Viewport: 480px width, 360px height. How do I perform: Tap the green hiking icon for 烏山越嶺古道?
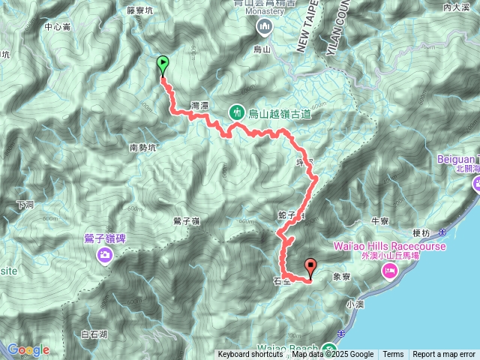pos(237,113)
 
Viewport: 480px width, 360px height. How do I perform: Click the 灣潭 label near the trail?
pos(199,106)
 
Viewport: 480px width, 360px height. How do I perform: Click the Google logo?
pos(28,349)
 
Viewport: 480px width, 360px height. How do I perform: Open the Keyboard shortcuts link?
pos(250,355)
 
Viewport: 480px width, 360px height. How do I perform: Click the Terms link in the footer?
pos(393,355)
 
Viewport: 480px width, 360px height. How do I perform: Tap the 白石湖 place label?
pos(94,334)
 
